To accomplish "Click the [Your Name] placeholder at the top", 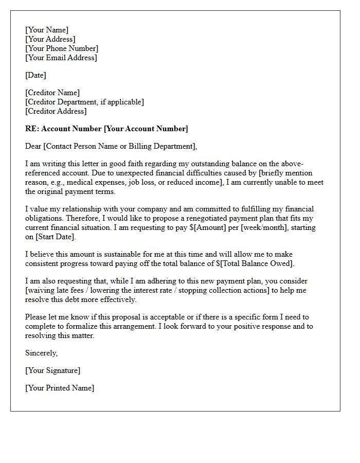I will [x=47, y=30].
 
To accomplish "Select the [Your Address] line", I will [x=50, y=39].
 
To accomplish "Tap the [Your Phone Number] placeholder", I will [x=62, y=48].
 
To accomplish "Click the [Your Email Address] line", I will [x=61, y=58].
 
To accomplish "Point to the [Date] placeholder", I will [x=35, y=75].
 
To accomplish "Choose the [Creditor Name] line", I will [x=52, y=93].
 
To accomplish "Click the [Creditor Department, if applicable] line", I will [x=84, y=102].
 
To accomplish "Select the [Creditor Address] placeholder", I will [x=56, y=111].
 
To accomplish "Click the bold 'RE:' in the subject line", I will [x=32, y=129].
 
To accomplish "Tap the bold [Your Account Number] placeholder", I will [x=146, y=129].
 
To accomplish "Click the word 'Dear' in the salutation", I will [x=33, y=146].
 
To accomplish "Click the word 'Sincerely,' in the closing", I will [x=42, y=353].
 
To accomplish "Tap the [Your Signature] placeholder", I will [x=53, y=370].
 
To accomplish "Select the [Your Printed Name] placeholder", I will [x=60, y=388].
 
